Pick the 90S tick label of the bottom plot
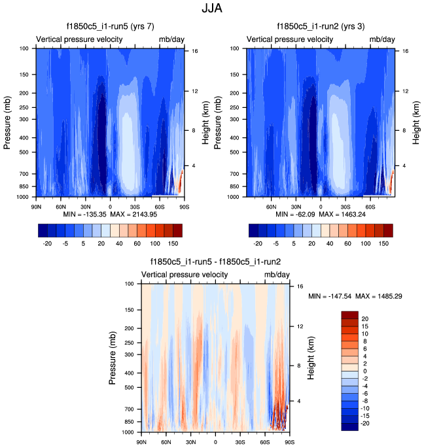click(x=288, y=441)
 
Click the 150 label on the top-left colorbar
click(x=173, y=242)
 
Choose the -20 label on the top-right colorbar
click(x=257, y=242)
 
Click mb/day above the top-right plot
click(x=382, y=40)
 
